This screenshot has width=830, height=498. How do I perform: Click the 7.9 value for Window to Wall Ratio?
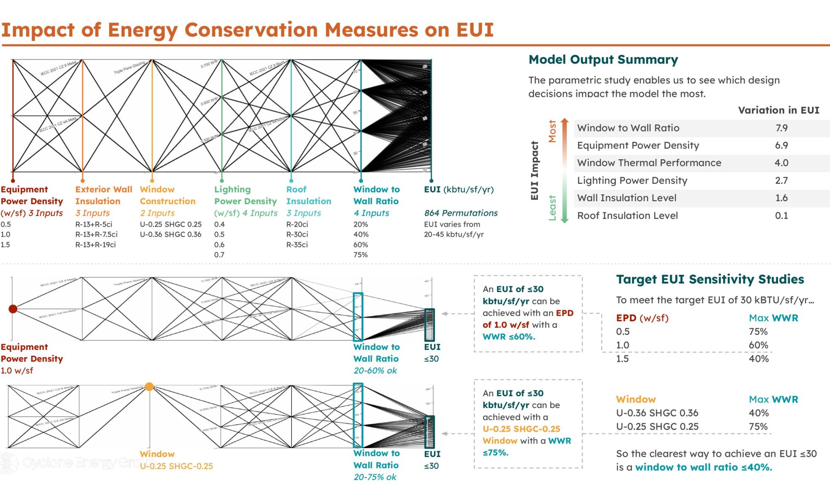click(x=781, y=128)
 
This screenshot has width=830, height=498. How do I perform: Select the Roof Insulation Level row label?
click(x=627, y=215)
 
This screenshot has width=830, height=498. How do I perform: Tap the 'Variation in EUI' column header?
click(x=779, y=110)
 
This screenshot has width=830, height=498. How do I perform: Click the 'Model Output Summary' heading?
click(x=603, y=60)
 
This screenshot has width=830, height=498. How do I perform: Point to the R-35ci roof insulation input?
click(x=297, y=244)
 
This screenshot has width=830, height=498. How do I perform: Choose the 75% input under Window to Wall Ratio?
click(x=360, y=255)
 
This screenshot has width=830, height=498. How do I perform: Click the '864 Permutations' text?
click(x=461, y=213)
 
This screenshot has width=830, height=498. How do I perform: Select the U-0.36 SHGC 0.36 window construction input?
click(x=171, y=234)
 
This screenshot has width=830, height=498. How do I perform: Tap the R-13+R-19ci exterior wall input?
click(x=95, y=244)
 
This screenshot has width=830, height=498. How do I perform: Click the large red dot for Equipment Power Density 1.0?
click(x=13, y=309)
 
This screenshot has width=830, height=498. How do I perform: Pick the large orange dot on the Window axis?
click(x=149, y=387)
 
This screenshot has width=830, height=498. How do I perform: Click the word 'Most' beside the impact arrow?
click(x=552, y=131)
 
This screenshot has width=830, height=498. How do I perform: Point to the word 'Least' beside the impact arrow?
click(x=552, y=207)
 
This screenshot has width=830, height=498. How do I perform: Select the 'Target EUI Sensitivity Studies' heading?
click(x=710, y=279)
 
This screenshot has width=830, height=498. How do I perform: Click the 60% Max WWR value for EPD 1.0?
click(x=758, y=345)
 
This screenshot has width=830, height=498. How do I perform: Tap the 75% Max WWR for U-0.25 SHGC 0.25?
click(x=758, y=426)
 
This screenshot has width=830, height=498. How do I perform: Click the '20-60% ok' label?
click(x=375, y=370)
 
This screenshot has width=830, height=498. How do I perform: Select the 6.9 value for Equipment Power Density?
click(x=781, y=145)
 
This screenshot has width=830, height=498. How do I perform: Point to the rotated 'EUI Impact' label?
click(x=535, y=171)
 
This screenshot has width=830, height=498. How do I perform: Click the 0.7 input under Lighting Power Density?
click(x=219, y=255)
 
